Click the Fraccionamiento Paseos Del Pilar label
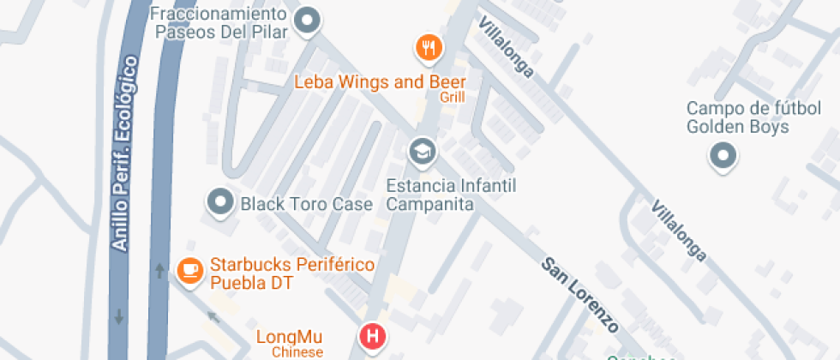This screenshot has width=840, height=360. coord(219,24)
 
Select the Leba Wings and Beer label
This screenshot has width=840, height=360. coord(380,82)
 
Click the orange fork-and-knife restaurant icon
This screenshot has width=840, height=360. coord(429,46)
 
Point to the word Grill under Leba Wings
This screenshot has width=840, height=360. coord(452,98)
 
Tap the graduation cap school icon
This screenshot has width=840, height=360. coord(422,153)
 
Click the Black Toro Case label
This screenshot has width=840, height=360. coord(306,204)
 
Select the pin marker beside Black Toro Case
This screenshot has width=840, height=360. coord(221,202)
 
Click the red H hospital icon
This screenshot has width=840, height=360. coord(373,335)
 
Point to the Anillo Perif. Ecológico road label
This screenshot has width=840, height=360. coord(124,154)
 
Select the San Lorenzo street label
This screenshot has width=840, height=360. coord(579,294)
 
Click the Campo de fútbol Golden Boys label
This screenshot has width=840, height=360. coord(737,118)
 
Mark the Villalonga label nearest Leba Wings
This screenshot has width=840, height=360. coord(506,46)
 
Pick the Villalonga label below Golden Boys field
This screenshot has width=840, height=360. coord(679,231)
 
